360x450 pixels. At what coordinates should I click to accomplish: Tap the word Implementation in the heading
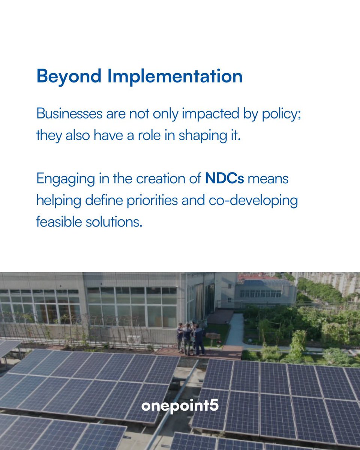coord(175,76)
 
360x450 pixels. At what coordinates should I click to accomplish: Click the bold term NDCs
coord(224,178)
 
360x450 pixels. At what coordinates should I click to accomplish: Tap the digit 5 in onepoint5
coord(214,406)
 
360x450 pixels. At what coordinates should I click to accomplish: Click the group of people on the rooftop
coord(190,338)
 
